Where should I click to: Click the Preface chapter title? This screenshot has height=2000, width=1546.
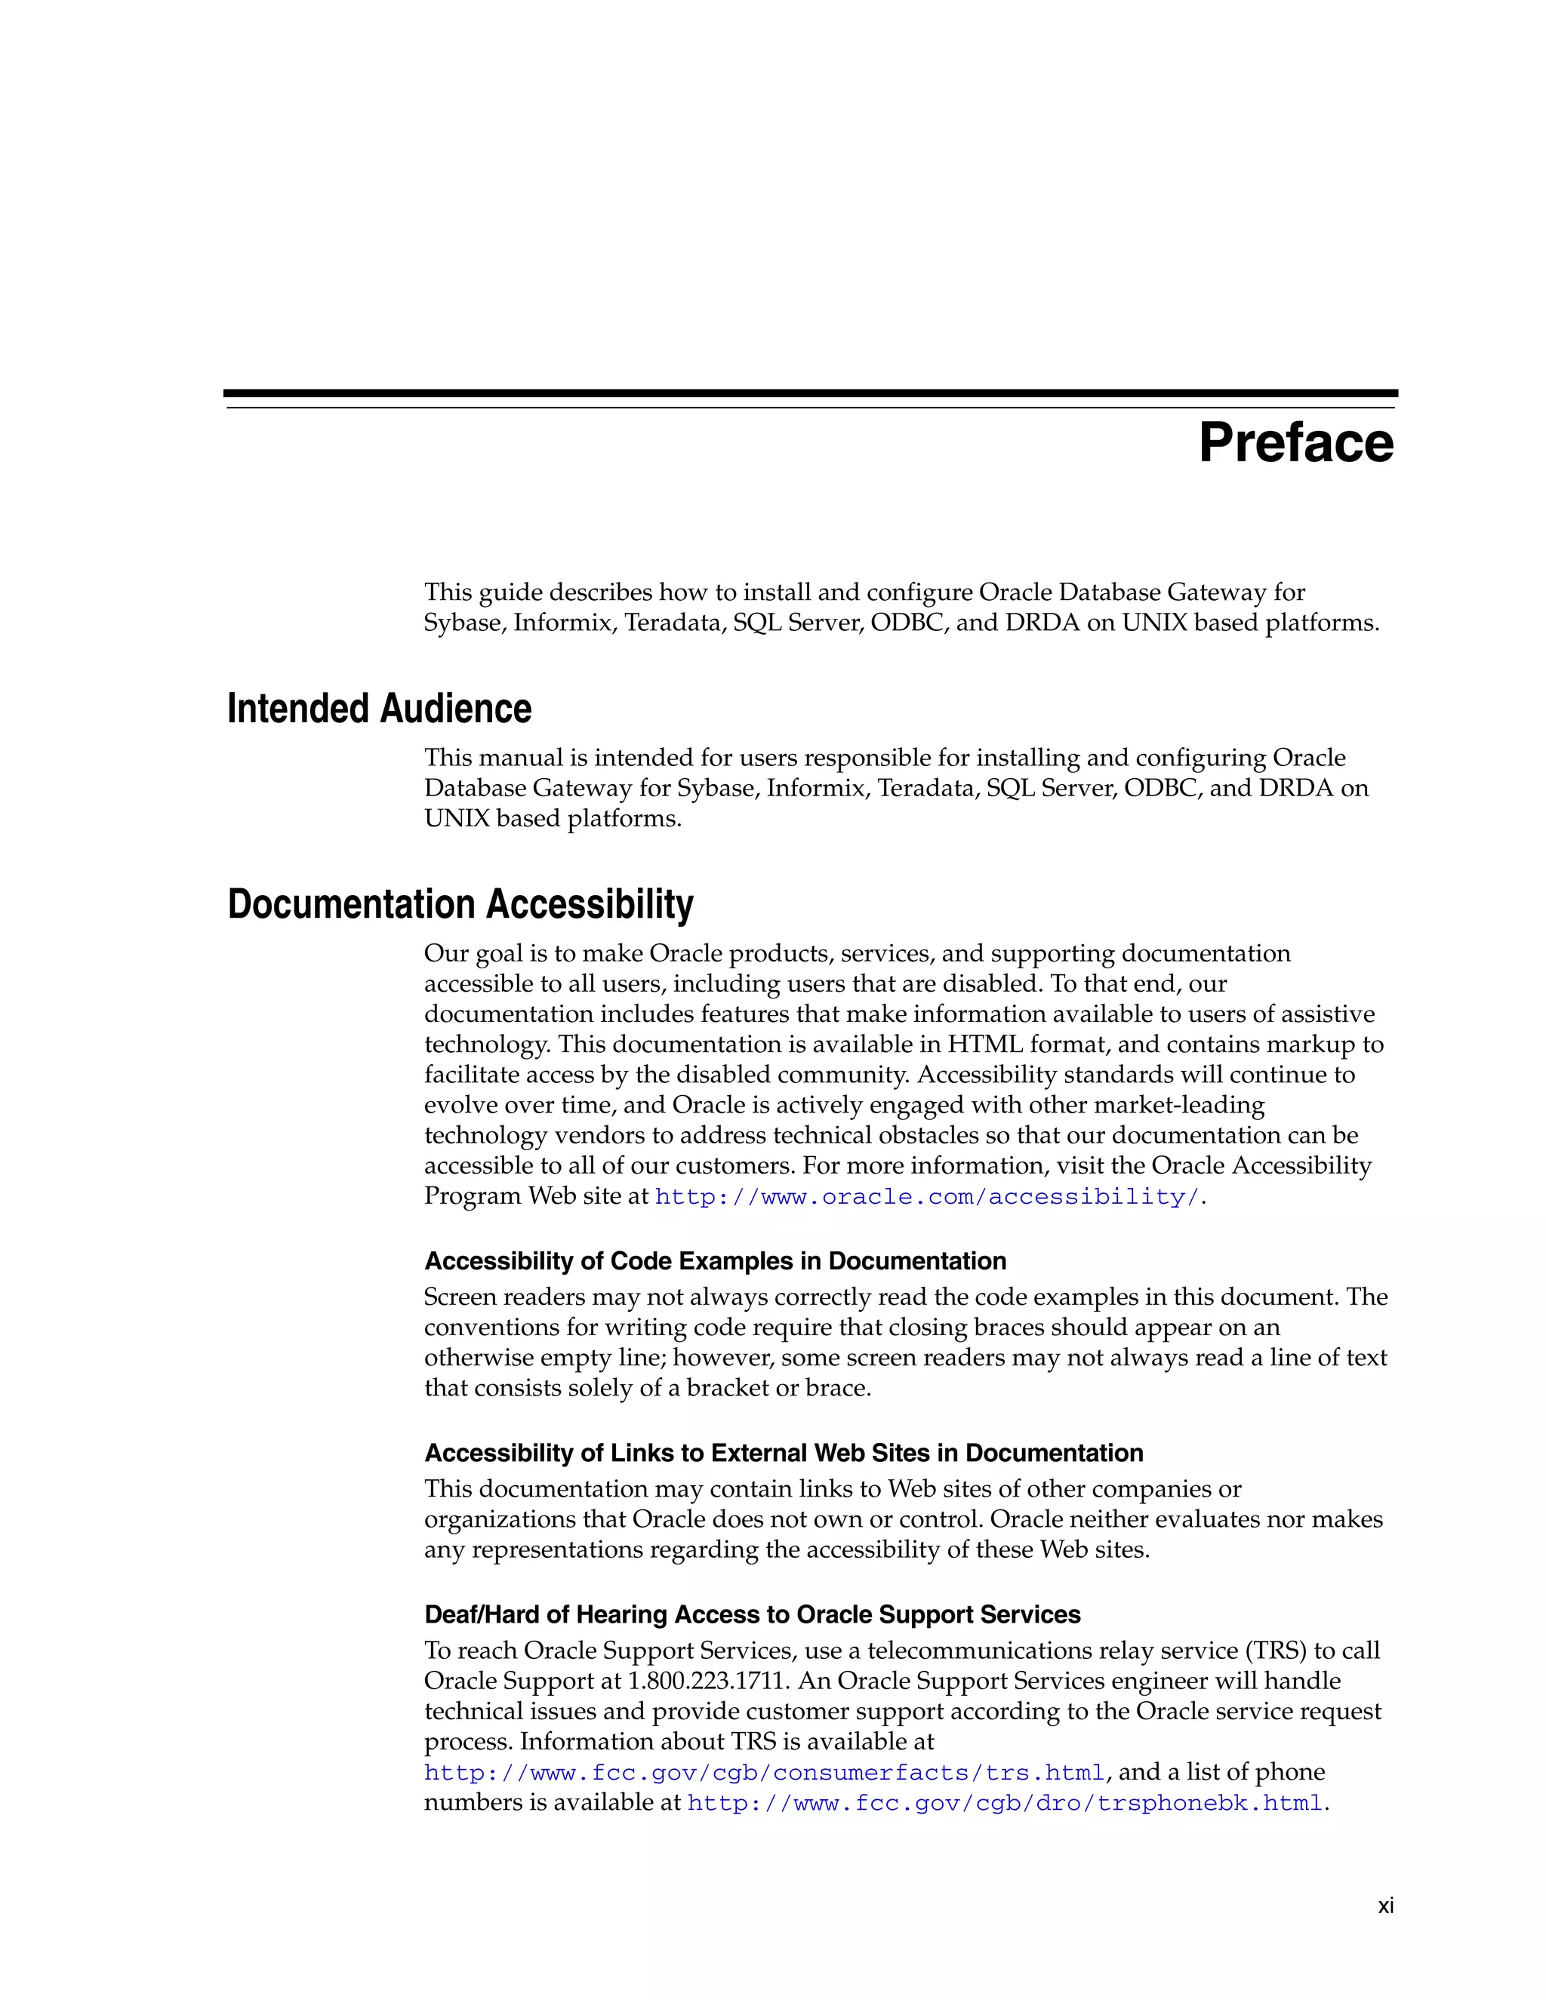(x=1295, y=443)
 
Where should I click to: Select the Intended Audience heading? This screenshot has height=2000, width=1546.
(x=379, y=709)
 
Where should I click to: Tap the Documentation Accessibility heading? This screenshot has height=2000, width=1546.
(x=460, y=904)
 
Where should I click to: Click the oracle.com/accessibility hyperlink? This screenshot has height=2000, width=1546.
(x=927, y=1197)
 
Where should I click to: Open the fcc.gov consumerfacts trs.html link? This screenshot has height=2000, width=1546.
(x=764, y=1772)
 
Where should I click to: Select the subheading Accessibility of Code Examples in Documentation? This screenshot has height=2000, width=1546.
(x=716, y=1261)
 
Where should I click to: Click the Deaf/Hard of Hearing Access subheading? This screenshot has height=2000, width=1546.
(x=752, y=1614)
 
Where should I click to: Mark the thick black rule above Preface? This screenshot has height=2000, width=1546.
(x=811, y=393)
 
